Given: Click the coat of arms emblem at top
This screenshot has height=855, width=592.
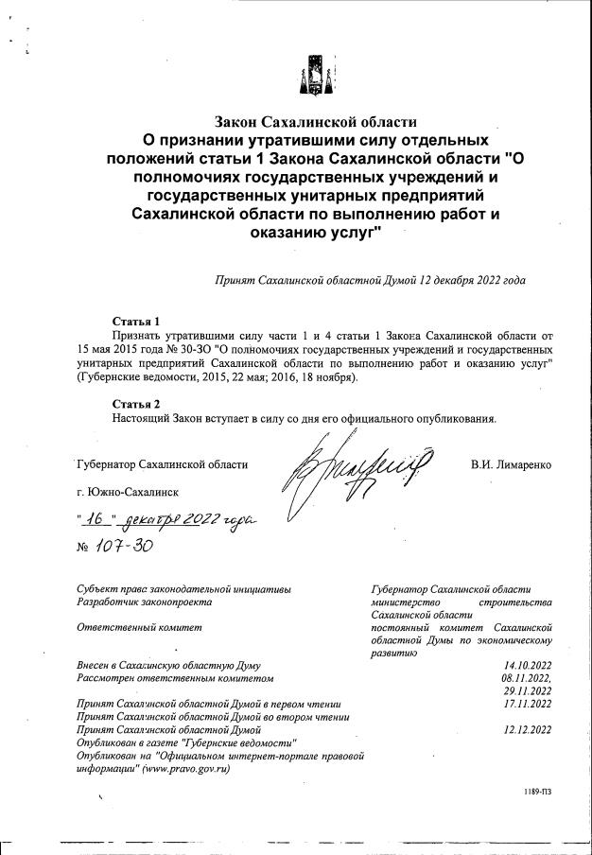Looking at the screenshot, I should tap(313, 74).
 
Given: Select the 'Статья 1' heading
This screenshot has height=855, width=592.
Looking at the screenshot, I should tap(131, 320).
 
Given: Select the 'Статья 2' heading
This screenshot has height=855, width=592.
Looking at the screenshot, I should tap(131, 403).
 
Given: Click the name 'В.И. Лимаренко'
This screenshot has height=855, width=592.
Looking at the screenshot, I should tap(511, 464).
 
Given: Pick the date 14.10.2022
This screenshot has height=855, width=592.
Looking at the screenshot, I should tap(528, 665).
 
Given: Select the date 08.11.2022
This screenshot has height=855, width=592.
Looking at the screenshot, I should tap(526, 678).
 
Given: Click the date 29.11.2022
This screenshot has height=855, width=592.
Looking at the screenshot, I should tap(528, 691).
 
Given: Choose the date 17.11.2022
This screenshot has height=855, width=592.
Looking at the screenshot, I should tap(528, 704).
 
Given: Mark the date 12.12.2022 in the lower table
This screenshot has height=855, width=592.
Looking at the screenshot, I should tap(528, 730).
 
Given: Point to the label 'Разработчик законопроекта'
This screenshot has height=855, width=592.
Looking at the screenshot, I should tap(144, 601).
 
